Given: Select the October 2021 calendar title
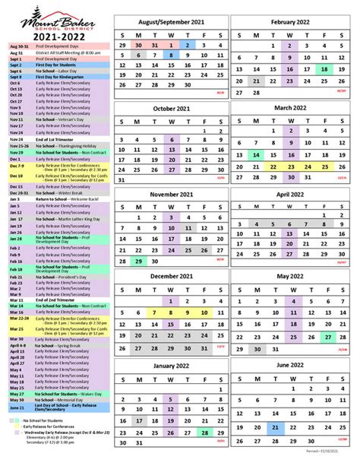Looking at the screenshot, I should tap(172, 109).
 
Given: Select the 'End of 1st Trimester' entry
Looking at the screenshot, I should tap(58, 139).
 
